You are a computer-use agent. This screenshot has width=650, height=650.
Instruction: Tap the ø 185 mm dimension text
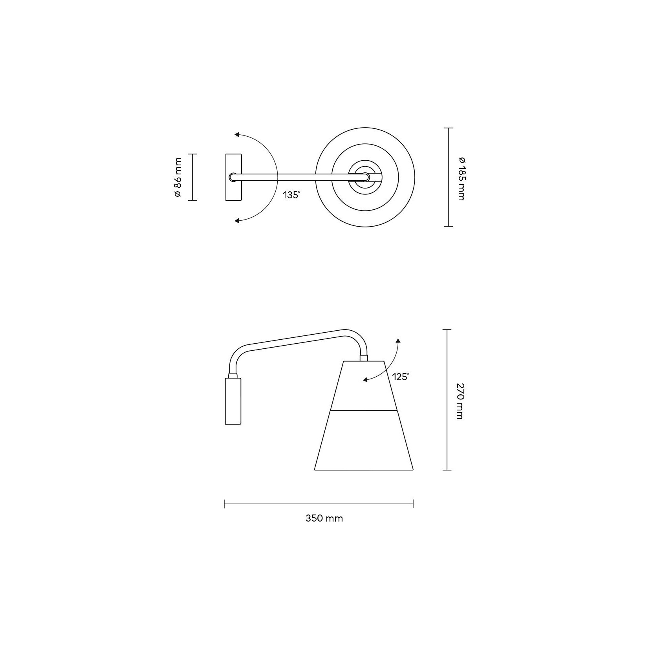tap(461, 179)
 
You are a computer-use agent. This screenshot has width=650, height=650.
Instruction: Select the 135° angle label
tap(291, 195)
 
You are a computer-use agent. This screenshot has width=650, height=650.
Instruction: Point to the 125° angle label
tap(401, 377)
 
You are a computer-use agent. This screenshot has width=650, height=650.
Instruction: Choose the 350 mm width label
tap(324, 518)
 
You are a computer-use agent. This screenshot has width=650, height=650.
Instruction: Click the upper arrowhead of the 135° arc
tap(237, 135)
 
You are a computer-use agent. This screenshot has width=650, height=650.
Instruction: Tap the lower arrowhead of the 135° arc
tap(237, 221)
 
